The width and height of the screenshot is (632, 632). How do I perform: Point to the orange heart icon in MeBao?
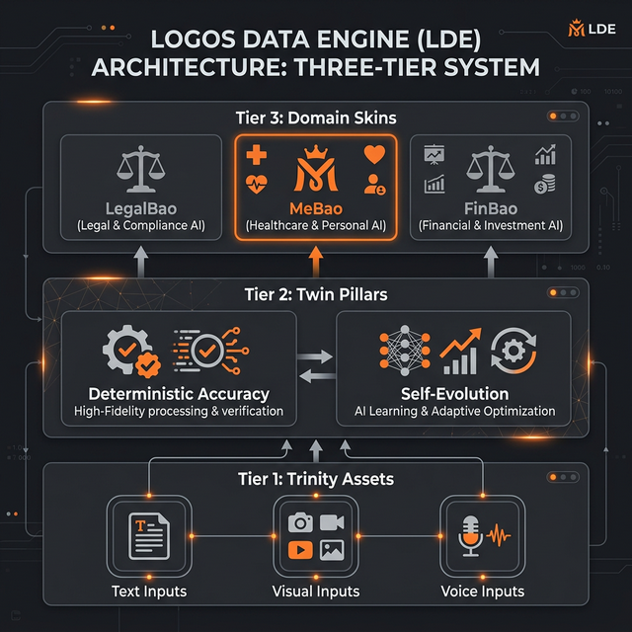click(374, 155)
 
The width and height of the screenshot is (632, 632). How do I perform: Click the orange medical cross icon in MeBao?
click(256, 154)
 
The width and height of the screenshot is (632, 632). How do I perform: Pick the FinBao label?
click(491, 208)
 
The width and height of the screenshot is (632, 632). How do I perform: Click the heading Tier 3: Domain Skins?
click(315, 118)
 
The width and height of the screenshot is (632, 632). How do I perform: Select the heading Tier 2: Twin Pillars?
click(315, 293)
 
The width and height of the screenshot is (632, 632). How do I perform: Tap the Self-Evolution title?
click(454, 393)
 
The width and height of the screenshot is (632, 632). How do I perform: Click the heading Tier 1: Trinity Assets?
click(315, 480)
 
